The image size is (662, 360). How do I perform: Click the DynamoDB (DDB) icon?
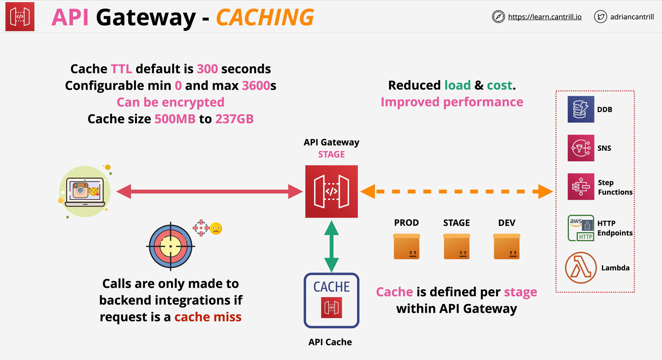coord(581,109)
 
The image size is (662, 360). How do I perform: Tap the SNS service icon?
coord(581,148)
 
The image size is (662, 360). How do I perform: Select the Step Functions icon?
coord(581,187)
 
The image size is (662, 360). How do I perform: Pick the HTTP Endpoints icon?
coord(581,228)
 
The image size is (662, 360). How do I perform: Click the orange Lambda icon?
coord(581,267)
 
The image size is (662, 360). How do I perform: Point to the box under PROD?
coord(406,247)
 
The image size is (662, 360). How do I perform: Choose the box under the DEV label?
coord(507,247)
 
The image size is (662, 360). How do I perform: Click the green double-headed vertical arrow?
coord(332,246)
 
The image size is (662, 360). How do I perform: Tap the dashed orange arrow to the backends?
coord(457,192)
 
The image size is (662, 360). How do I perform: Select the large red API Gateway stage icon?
coord(332,192)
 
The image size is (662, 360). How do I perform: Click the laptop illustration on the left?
coord(85,192)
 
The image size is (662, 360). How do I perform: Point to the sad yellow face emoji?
coord(216,228)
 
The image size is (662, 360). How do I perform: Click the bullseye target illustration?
coord(171,246)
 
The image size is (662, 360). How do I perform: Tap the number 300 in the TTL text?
coord(207,69)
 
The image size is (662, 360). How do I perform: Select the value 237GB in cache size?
coord(234,119)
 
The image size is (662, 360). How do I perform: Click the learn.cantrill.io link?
coord(545,17)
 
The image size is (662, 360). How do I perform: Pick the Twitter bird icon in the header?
coord(601,17)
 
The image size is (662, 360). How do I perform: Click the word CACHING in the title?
coord(265,17)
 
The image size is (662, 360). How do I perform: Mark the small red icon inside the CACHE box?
coord(332,307)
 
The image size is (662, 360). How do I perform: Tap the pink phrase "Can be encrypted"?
coord(171,102)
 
